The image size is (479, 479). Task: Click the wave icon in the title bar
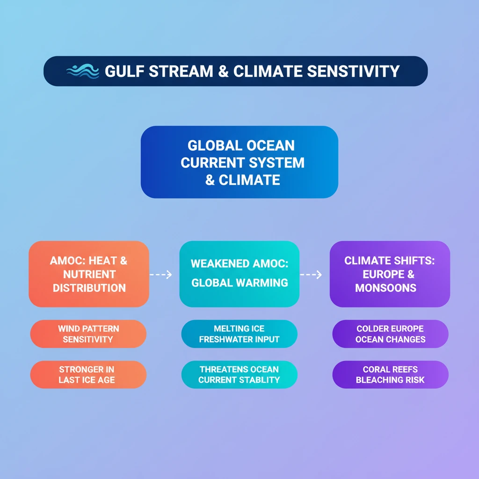tap(82, 71)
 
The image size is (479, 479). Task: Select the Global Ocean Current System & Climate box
tap(239, 162)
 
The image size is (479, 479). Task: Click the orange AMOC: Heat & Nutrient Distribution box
tap(89, 274)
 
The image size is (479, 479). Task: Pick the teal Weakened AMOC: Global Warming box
tap(239, 274)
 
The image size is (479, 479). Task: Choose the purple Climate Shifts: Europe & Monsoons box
tap(390, 274)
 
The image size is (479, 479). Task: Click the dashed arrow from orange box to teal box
tap(161, 275)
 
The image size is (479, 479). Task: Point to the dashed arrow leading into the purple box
tap(311, 275)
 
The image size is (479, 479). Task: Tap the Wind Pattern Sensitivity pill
tap(88, 334)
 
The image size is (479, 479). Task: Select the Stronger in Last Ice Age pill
tap(88, 375)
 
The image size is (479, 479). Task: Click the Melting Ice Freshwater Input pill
tap(239, 334)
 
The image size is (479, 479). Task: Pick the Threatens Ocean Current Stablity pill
tap(239, 375)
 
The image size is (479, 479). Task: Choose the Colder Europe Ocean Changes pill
tap(390, 334)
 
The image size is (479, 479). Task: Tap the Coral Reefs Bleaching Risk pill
tap(390, 375)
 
